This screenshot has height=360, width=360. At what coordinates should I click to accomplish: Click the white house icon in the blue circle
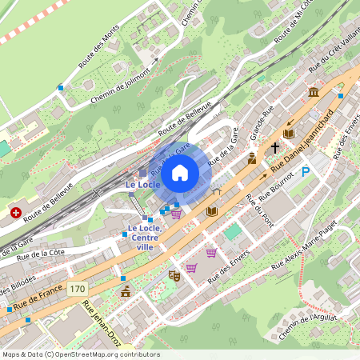coord(180,173)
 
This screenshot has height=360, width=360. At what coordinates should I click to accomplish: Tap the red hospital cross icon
coord(16,213)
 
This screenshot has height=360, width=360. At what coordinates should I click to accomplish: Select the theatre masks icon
coord(174,275)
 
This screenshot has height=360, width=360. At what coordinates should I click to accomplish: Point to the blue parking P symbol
coord(305,172)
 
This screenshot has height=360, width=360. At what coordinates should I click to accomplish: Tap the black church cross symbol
coord(275,147)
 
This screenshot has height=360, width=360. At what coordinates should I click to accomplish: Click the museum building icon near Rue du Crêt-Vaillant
coord(314,91)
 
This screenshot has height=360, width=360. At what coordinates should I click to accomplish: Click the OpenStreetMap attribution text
coord(80,354)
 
